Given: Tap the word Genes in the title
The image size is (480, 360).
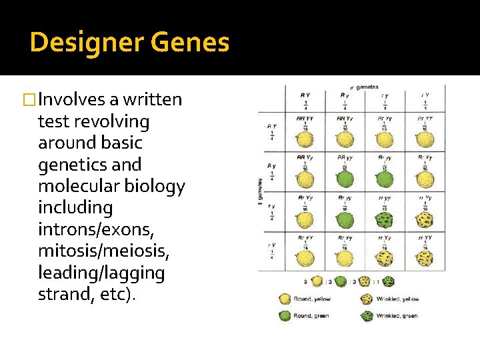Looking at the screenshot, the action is [190, 43].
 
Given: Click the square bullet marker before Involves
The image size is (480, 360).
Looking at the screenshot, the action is [28, 100].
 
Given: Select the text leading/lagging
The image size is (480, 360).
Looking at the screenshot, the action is [101, 273].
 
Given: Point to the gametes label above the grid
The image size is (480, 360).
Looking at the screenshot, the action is [366, 87].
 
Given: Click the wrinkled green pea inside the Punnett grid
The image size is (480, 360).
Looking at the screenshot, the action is [384, 219].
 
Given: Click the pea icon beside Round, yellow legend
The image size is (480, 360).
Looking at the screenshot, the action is [285, 299].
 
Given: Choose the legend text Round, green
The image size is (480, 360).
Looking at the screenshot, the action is [311, 316].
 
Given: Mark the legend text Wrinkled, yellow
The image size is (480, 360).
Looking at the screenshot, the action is [397, 299].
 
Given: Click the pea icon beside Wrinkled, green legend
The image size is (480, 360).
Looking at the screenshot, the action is [367, 315].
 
